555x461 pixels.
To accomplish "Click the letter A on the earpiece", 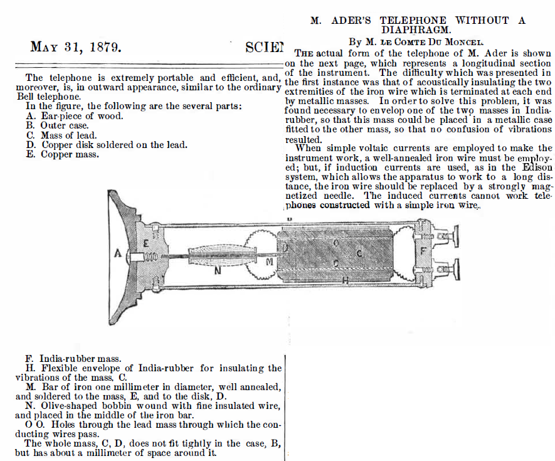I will tap(117, 253).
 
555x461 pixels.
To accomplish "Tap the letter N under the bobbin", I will tap(218, 271).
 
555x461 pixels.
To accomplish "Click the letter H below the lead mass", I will tap(344, 280).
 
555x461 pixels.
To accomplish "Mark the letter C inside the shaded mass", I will tap(359, 253).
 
